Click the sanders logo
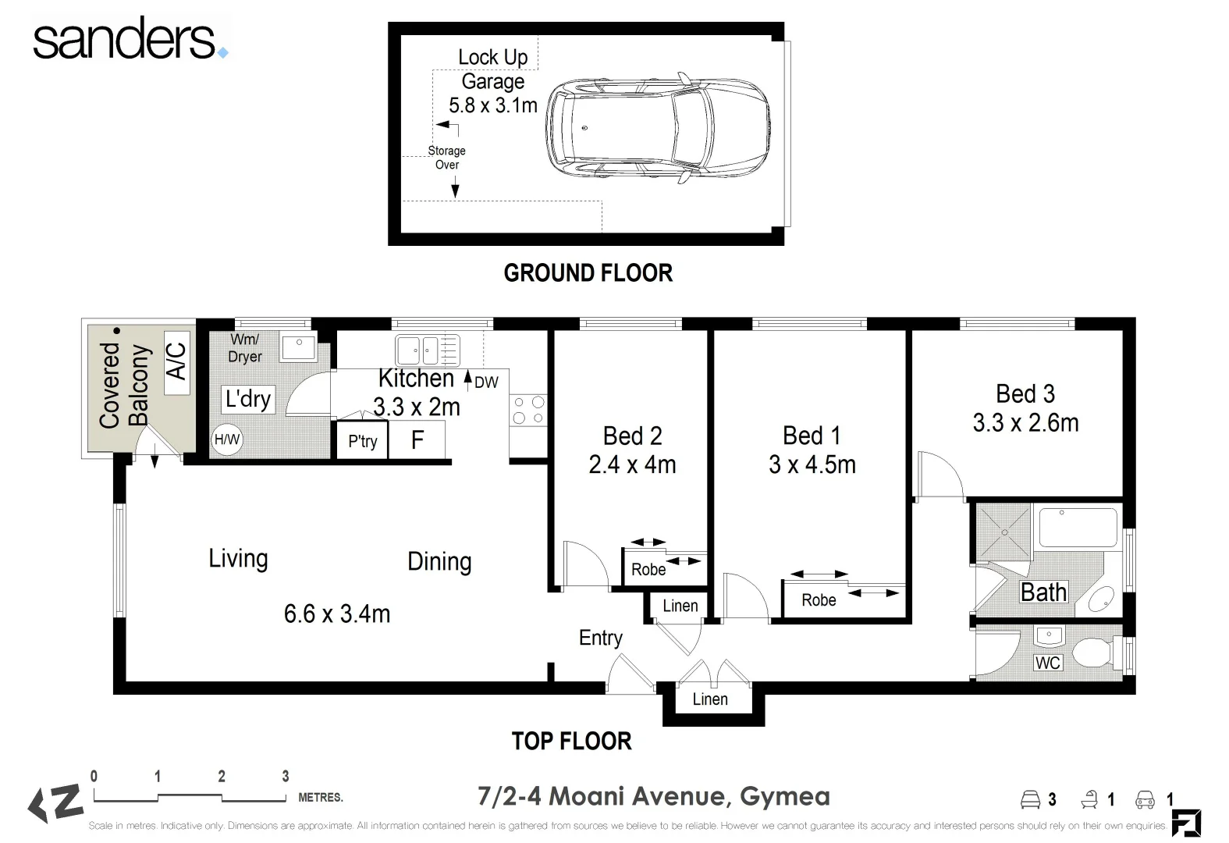[130, 38]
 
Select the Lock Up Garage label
[492, 69]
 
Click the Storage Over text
[446, 158]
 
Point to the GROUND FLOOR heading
[588, 272]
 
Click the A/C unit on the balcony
[177, 362]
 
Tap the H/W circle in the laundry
[227, 439]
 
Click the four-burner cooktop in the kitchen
[528, 410]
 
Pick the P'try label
[363, 441]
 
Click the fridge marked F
[417, 439]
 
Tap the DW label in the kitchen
[486, 382]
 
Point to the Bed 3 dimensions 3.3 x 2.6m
[1025, 423]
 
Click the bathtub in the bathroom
[1078, 528]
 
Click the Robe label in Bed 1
[819, 600]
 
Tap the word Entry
[601, 638]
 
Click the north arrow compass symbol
[55, 803]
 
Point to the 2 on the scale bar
[221, 776]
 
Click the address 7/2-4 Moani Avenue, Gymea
[653, 796]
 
